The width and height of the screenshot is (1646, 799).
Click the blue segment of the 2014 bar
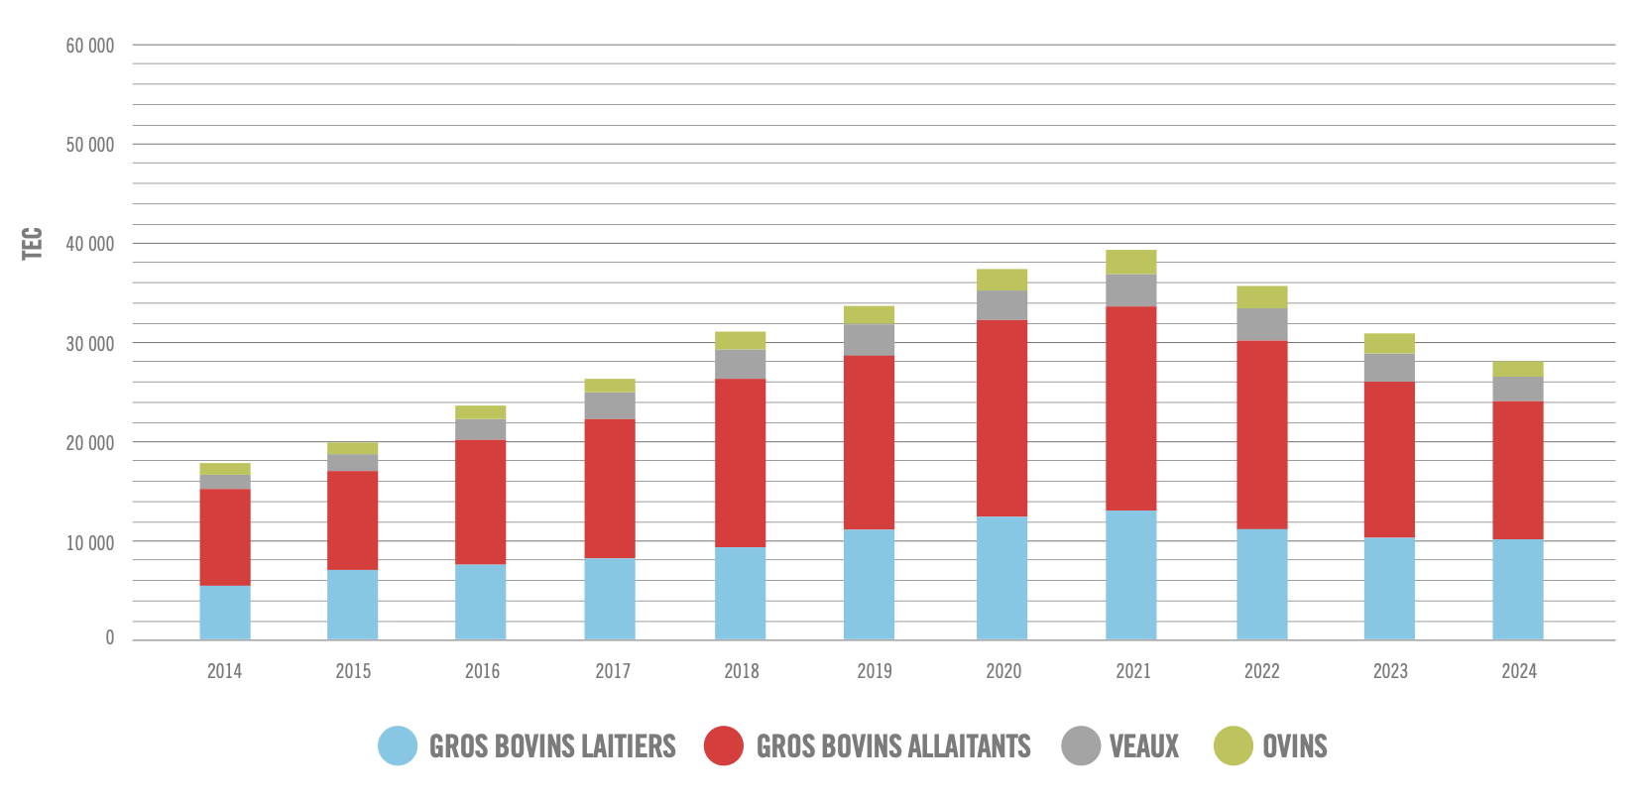225,613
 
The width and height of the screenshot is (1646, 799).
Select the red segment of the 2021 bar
1131,408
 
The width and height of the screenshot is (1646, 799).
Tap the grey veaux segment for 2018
740,364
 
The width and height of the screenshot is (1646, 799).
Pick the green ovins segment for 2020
1001,280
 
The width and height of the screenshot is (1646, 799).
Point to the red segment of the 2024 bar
1518,470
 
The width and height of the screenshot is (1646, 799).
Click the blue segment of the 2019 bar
869,585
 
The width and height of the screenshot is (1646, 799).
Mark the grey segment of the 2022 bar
1261,324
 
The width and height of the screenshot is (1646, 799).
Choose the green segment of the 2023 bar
1389,343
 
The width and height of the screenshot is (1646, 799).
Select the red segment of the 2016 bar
481,502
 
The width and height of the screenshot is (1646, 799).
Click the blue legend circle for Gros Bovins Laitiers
398,745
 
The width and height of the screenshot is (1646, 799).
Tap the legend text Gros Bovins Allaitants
892,746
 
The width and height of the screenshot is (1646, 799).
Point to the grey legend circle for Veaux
1081,745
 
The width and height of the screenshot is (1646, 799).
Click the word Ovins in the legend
1294,746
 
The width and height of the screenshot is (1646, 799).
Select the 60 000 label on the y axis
90,46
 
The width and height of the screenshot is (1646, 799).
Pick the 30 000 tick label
90,344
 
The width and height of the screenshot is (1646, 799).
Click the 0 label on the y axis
110,638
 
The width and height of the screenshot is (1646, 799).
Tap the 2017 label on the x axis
613,671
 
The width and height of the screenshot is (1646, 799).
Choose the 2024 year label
1519,671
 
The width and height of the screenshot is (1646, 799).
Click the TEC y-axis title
33,244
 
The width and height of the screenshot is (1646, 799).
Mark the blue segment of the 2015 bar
353,605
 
